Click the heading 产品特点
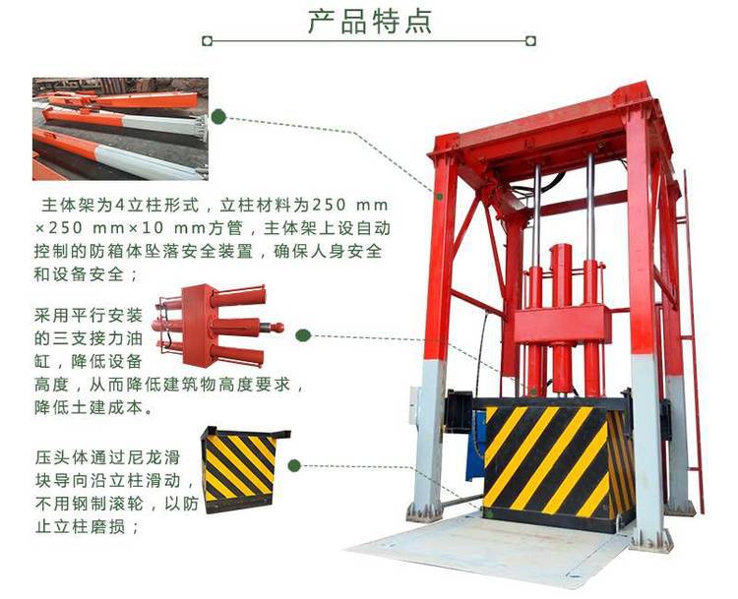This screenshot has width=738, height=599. pos(370,22)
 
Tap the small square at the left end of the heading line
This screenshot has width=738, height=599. pos(207,41)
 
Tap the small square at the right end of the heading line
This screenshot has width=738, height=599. pos(530,41)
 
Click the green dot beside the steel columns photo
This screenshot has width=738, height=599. pos(218,117)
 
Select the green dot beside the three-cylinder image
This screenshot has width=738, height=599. pos(303,335)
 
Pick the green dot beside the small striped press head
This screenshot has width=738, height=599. pos(294,466)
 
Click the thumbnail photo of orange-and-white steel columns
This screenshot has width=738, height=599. pos(120,129)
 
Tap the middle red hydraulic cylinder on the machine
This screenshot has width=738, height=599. pos(561,320)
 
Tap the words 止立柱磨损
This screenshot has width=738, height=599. pos(80,526)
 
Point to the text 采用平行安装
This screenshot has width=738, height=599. pos(88,315)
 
